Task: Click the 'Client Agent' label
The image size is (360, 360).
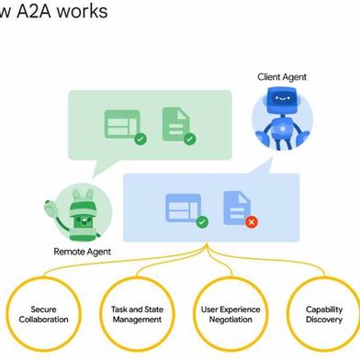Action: [x=282, y=77]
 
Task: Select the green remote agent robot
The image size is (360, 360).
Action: [x=80, y=212]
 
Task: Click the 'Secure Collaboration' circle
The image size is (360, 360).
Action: [x=43, y=314]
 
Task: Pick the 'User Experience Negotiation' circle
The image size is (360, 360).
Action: [x=231, y=314]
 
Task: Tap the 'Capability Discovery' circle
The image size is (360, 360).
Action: [x=323, y=314]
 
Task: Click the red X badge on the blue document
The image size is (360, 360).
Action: [x=251, y=221]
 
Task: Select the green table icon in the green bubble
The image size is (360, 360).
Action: [x=122, y=125]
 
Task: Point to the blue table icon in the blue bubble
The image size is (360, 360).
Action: [x=183, y=208]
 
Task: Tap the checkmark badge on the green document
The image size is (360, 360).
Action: [x=190, y=140]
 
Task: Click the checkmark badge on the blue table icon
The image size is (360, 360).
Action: [x=202, y=221]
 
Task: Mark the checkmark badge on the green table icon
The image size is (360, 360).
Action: [x=140, y=140]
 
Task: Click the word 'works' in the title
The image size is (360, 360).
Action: [x=82, y=12]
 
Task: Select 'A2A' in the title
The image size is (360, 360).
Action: [x=34, y=12]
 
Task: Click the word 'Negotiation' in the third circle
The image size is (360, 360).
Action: [x=231, y=321]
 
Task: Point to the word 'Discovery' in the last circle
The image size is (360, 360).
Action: [x=323, y=321]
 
